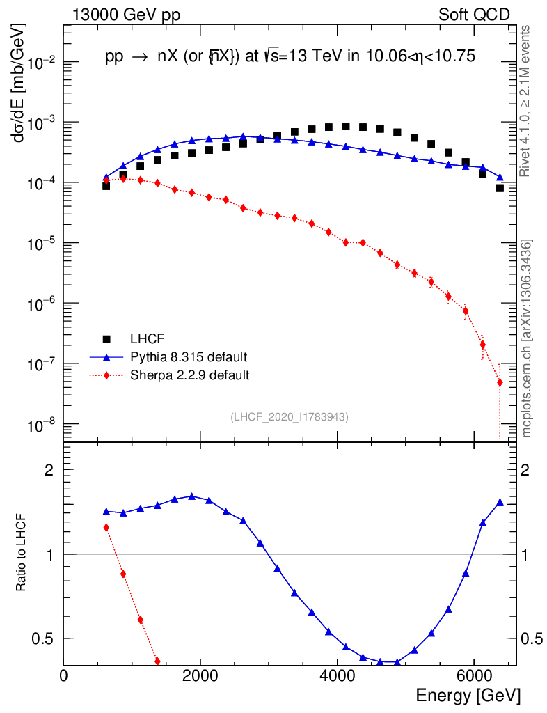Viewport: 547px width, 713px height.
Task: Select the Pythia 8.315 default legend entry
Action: [189, 357]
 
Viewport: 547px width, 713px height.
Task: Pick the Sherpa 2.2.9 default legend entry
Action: [189, 375]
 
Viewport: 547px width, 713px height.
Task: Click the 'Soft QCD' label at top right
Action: [475, 15]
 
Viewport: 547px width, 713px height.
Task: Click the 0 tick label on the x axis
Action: [64, 676]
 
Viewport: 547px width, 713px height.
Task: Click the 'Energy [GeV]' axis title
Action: [468, 695]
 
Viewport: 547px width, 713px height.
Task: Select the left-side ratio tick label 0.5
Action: [44, 638]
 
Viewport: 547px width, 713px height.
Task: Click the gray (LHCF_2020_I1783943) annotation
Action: [290, 416]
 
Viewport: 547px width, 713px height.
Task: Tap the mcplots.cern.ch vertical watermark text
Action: [527, 338]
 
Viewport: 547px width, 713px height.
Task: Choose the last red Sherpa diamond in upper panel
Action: [500, 382]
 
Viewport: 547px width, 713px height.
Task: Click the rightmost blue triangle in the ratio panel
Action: [500, 501]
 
